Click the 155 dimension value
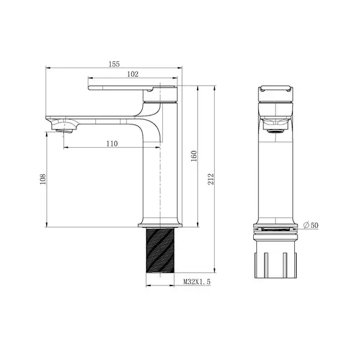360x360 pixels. [x=114, y=64]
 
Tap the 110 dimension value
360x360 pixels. [x=112, y=143]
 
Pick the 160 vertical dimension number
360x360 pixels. [x=193, y=155]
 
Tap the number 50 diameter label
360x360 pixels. [x=315, y=225]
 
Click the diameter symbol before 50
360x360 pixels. [x=306, y=225]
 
